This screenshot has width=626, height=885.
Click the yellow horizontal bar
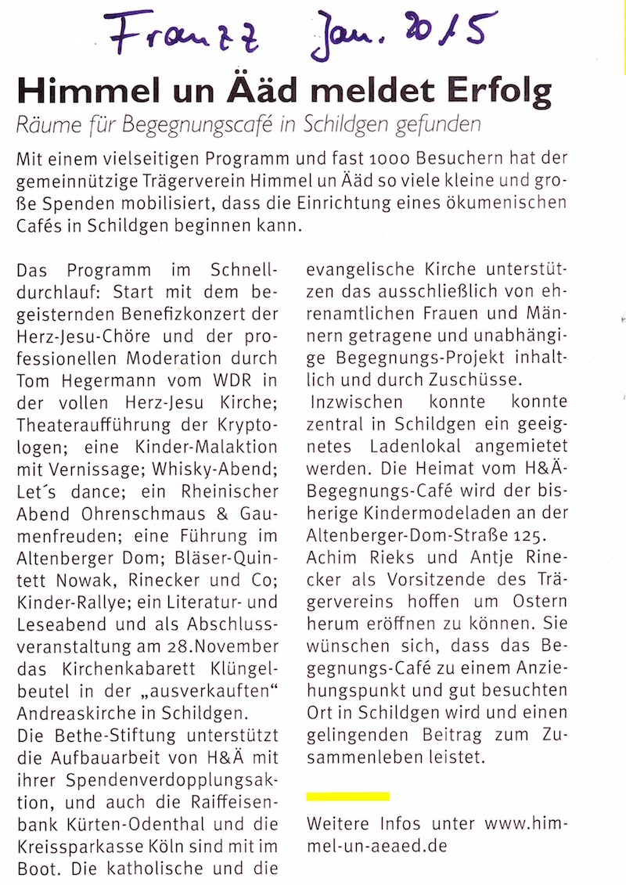coord(348,796)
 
